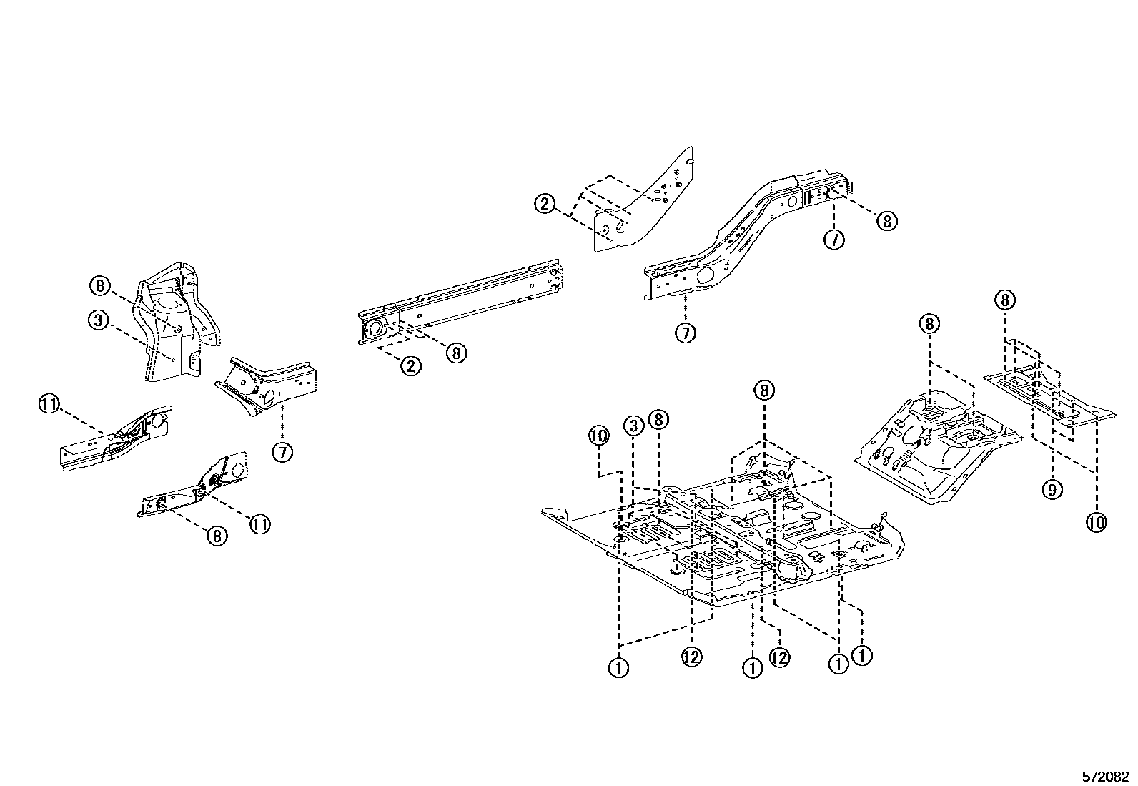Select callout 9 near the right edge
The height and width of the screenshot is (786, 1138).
click(x=1052, y=490)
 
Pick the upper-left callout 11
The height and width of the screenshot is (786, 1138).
click(x=48, y=405)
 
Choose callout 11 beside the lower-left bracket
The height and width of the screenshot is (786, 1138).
click(x=259, y=524)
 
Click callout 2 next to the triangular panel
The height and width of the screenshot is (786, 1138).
click(x=545, y=204)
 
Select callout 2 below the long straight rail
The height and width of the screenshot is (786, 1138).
click(x=410, y=366)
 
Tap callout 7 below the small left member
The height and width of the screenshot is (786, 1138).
click(x=283, y=452)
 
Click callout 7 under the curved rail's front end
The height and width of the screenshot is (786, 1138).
click(x=685, y=332)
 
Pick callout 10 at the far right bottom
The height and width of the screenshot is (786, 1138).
click(x=1096, y=523)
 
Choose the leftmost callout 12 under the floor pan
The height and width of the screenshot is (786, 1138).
click(x=692, y=657)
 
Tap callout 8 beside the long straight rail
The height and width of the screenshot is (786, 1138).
click(x=457, y=352)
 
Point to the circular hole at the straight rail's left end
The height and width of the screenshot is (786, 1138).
click(x=374, y=330)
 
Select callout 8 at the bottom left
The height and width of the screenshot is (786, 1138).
click(x=217, y=535)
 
